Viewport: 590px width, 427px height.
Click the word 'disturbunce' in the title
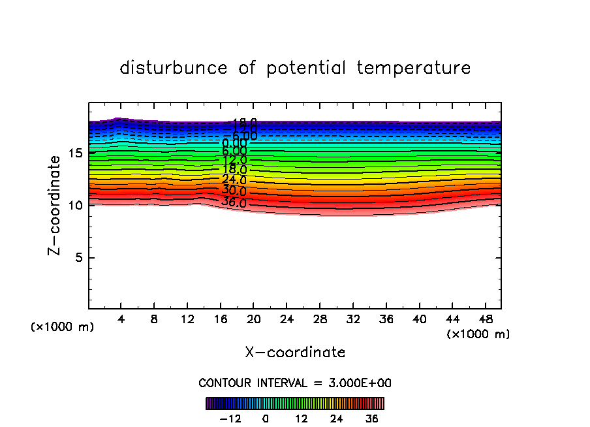tap(174, 68)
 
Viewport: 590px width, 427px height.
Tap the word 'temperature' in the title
tap(414, 68)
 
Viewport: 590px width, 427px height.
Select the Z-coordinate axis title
tap(57, 206)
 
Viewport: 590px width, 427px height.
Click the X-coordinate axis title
tap(295, 353)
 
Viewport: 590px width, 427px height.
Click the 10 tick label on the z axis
tap(75, 206)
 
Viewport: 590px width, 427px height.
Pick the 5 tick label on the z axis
tap(78, 258)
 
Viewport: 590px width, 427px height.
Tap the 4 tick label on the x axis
tap(121, 320)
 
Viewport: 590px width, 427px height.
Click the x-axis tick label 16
tap(220, 320)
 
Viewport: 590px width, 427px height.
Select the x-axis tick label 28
tap(319, 320)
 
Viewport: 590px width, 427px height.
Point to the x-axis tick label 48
tap(484, 320)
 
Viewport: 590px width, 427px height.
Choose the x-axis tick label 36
tap(386, 320)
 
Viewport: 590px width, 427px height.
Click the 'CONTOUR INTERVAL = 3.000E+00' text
tap(295, 383)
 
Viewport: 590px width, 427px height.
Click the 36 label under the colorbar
tap(371, 419)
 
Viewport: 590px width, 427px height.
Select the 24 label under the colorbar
tap(336, 419)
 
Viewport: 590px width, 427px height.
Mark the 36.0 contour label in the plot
tap(234, 202)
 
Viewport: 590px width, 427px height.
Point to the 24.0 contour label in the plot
tap(234, 180)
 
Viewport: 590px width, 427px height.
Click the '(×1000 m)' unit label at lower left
tap(62, 327)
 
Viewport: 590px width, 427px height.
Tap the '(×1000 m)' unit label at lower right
tap(478, 334)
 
